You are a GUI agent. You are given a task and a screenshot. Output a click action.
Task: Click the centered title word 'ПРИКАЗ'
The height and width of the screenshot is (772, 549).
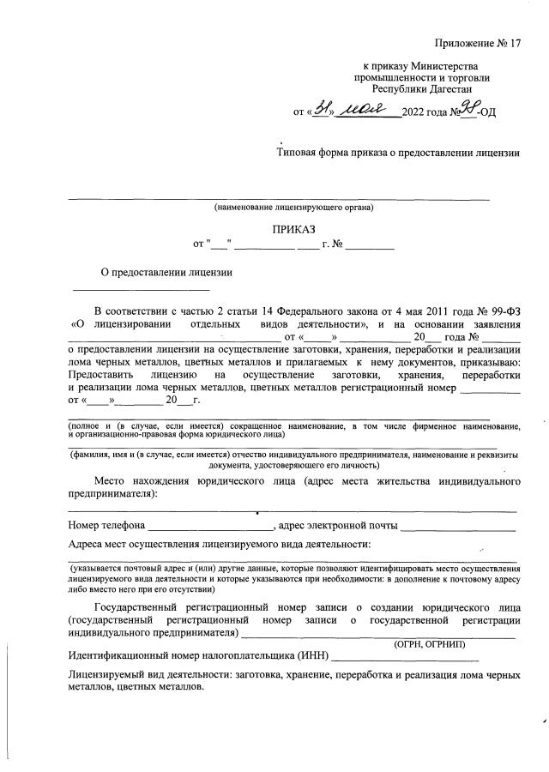coord(294,230)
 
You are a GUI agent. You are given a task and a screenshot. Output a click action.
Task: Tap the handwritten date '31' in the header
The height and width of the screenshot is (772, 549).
coord(322,109)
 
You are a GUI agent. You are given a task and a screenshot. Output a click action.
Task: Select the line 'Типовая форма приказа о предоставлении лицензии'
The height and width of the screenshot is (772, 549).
coord(398,154)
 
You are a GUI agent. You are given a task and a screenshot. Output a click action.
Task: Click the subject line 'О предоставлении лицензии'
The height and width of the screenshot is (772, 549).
coord(167,273)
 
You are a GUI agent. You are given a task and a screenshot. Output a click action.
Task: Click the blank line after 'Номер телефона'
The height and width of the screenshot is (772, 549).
coord(209,526)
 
